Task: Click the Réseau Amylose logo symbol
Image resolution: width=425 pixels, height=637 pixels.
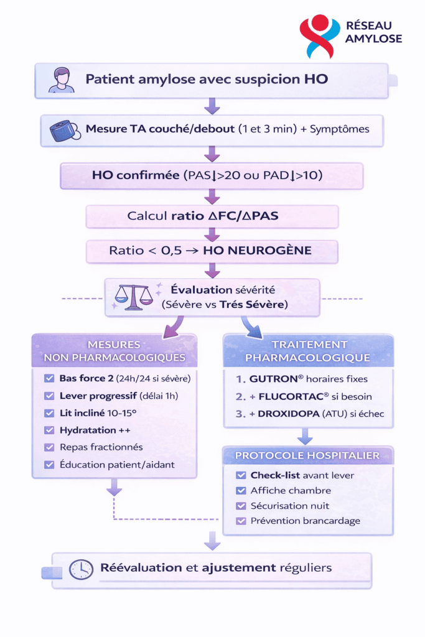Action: pyautogui.click(x=320, y=36)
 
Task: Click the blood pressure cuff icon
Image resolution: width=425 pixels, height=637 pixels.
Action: pyautogui.click(x=65, y=129)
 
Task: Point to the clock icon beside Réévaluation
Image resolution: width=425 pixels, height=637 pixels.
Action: pyautogui.click(x=81, y=569)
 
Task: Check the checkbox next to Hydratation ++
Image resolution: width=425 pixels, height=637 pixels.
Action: pyautogui.click(x=49, y=430)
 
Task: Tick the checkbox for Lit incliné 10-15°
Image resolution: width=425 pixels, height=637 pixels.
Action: pyautogui.click(x=49, y=413)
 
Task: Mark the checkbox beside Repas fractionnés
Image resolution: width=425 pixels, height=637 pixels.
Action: pyautogui.click(x=49, y=447)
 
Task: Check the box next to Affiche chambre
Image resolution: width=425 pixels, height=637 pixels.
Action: pyautogui.click(x=241, y=490)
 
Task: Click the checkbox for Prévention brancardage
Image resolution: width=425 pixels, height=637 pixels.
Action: pyautogui.click(x=241, y=521)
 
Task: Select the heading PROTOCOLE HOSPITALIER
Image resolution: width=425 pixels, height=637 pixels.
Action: pyautogui.click(x=307, y=455)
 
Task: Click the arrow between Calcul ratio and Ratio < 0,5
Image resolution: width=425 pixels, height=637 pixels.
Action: pyautogui.click(x=212, y=235)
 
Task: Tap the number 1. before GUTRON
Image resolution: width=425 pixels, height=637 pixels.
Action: pyautogui.click(x=239, y=378)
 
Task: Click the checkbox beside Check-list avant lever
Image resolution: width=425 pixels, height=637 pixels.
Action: pyautogui.click(x=241, y=475)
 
